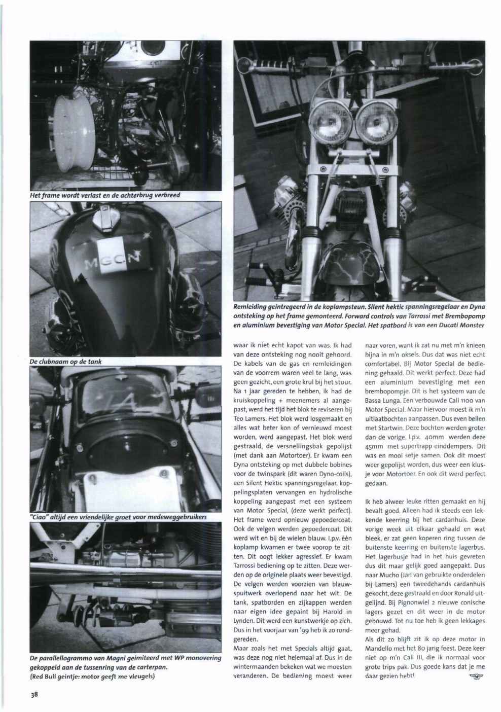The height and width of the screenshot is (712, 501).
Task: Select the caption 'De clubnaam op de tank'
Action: pyautogui.click(x=67, y=361)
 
